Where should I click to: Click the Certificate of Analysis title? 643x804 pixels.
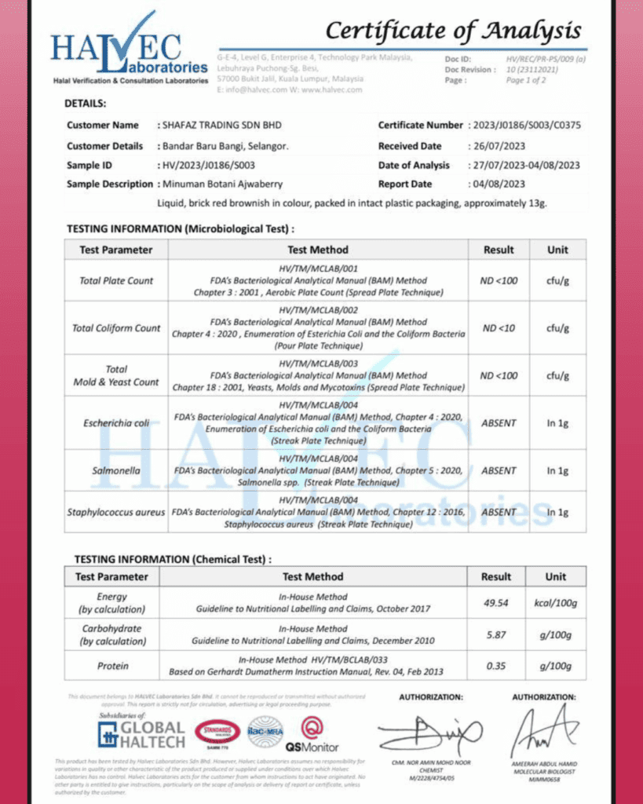click(x=453, y=31)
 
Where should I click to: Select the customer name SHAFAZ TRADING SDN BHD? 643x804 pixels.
click(x=219, y=125)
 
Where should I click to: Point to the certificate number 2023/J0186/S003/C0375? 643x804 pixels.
click(x=524, y=125)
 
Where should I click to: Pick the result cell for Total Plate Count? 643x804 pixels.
click(x=499, y=280)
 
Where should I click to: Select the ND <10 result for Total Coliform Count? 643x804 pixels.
click(x=499, y=328)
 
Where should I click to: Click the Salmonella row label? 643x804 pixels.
click(x=116, y=470)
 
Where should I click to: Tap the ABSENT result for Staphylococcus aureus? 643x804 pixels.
click(x=499, y=512)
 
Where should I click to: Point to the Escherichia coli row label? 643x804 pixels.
click(x=116, y=422)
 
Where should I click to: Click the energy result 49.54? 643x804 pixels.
click(x=496, y=603)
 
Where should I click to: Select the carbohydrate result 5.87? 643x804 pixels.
click(x=496, y=634)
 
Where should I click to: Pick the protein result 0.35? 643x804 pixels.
click(x=496, y=666)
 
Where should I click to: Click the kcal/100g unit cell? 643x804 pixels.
click(x=556, y=603)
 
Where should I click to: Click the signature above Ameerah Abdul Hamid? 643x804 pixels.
click(x=544, y=730)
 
